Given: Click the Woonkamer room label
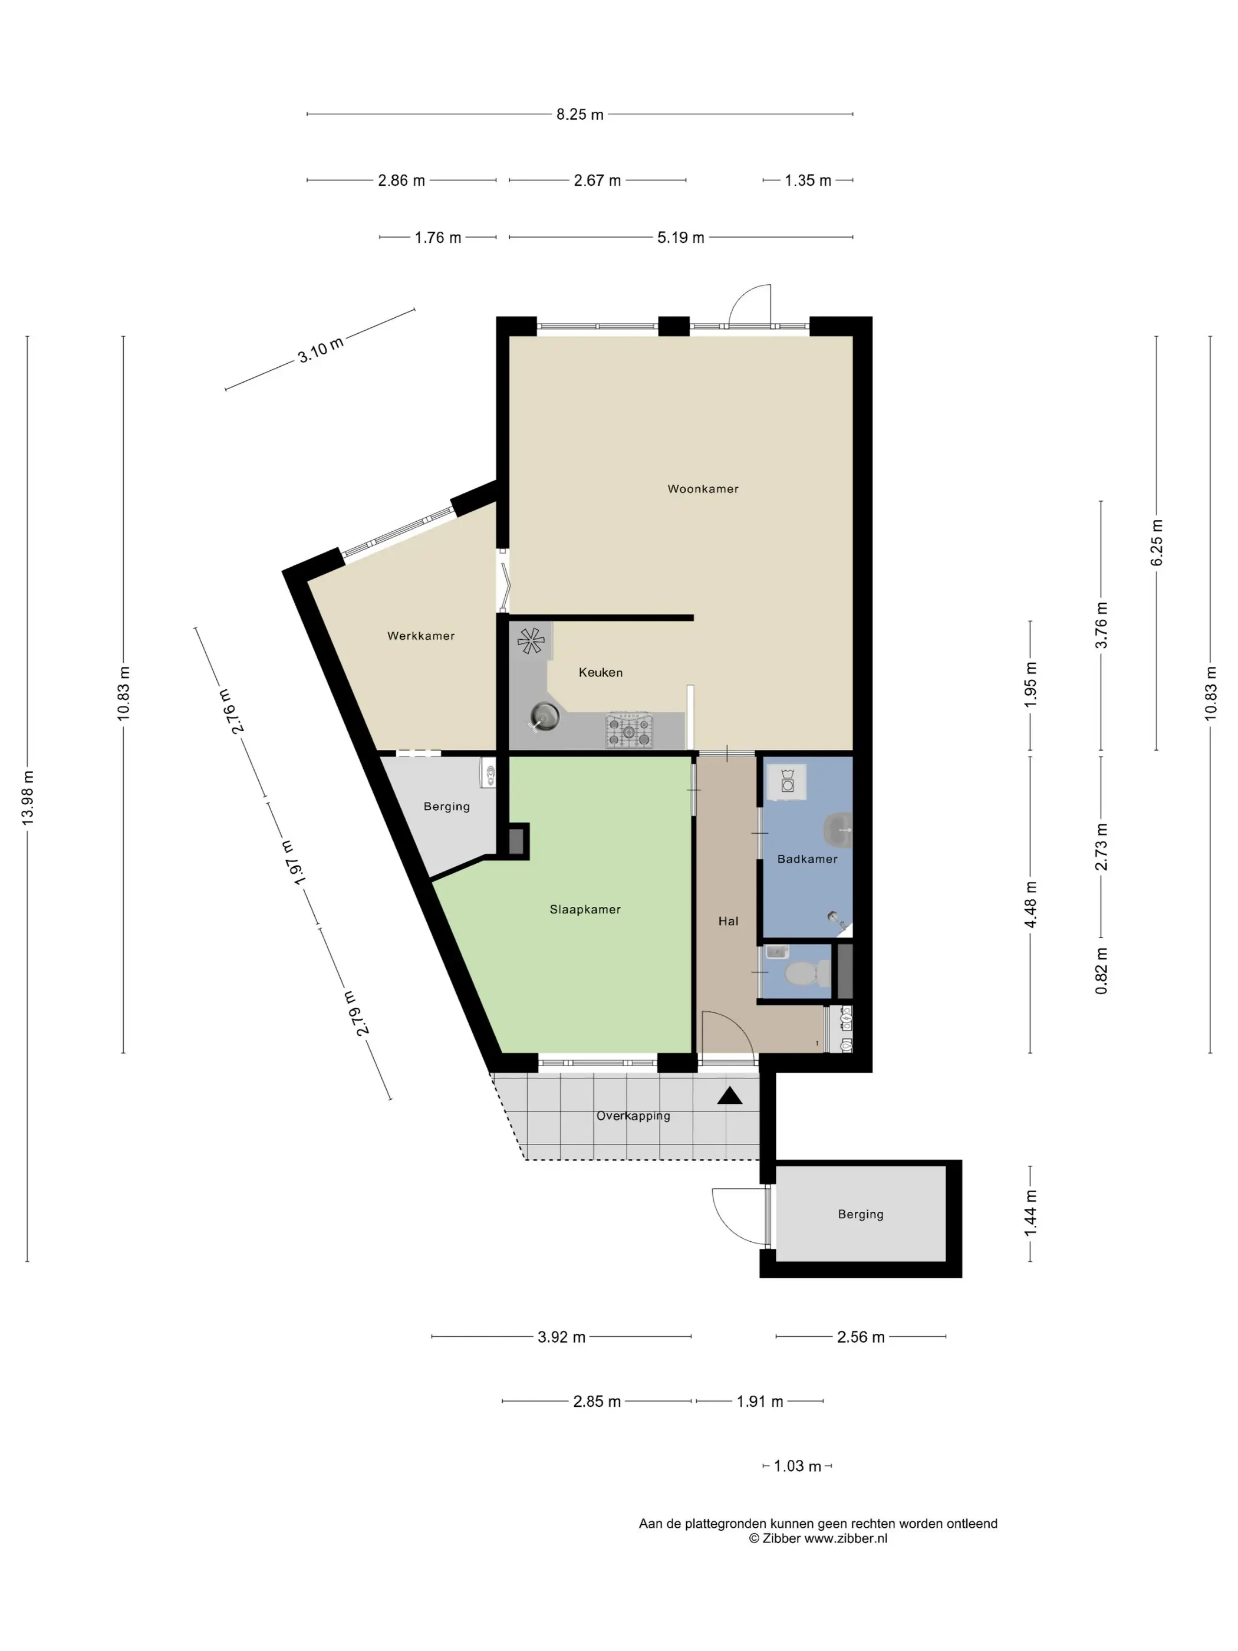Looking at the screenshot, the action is click(702, 489).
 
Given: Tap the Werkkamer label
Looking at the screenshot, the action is click(421, 636).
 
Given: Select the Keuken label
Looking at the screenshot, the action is click(601, 673).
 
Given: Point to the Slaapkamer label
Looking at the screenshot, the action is click(585, 909).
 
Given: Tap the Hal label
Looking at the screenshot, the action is click(728, 921).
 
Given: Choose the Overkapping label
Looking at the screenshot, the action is click(633, 1116).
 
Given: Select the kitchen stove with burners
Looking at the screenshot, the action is click(629, 730).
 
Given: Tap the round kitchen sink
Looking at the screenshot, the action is click(545, 717).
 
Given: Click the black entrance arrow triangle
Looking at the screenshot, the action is click(730, 1096).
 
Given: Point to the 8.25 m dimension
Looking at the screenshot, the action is click(580, 114).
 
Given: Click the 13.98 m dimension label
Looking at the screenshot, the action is click(28, 798).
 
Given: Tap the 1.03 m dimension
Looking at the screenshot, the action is click(797, 1466).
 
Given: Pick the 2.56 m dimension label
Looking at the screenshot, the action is click(860, 1337).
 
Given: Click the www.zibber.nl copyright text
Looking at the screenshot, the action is click(818, 1538).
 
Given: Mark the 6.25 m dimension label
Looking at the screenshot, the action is click(1157, 542).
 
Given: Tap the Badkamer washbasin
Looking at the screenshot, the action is click(838, 830).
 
